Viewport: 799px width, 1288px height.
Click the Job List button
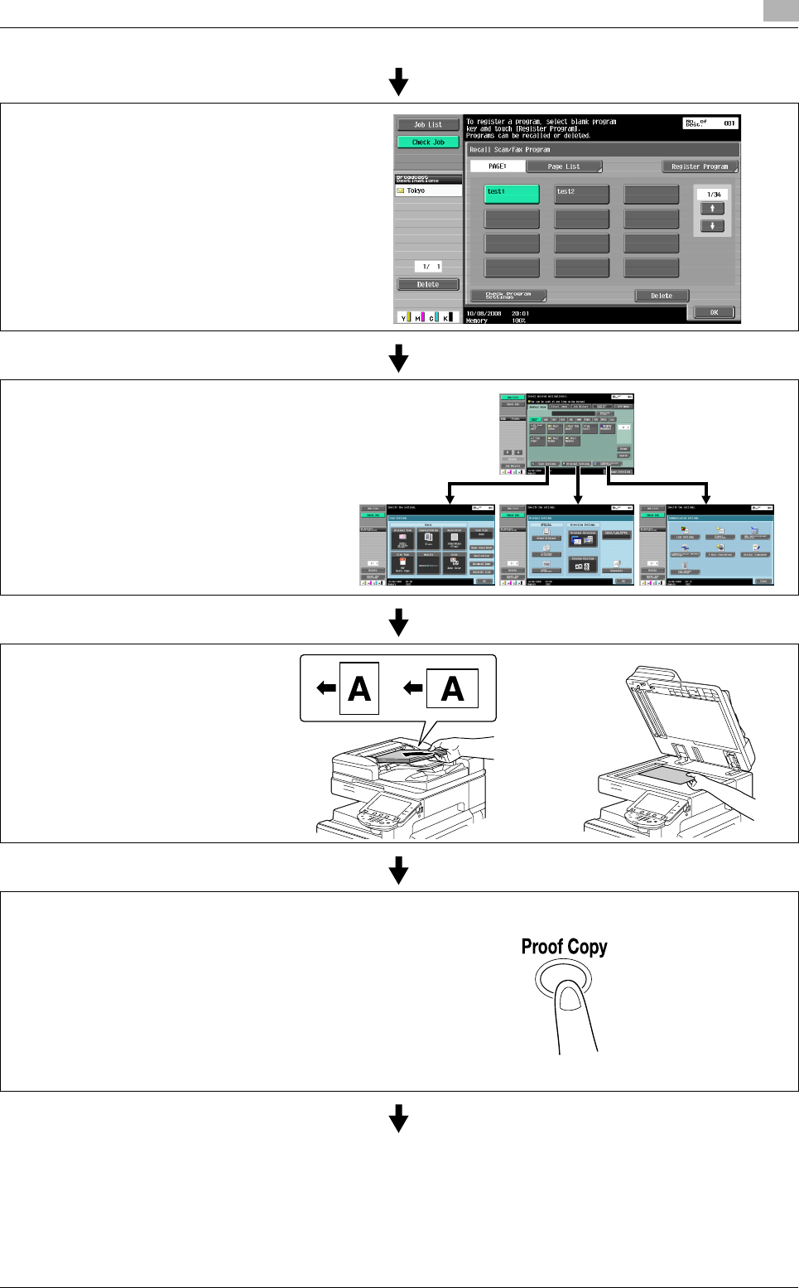(428, 125)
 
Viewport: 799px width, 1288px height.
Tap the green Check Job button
(428, 142)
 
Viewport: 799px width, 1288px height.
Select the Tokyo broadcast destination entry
(428, 191)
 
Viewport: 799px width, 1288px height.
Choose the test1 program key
(512, 194)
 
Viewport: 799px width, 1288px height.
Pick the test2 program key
(581, 194)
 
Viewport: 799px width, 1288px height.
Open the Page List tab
(564, 166)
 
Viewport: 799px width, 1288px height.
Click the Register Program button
(700, 166)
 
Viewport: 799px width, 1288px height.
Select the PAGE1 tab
(498, 166)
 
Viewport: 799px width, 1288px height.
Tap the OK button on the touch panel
(713, 312)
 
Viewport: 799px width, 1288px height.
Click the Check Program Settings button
(508, 296)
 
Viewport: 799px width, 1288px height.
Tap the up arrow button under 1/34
(712, 209)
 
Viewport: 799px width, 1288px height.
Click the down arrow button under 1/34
(712, 225)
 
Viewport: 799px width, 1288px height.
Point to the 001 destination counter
(729, 123)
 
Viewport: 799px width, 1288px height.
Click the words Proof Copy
(564, 947)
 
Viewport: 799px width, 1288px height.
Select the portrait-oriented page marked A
(359, 688)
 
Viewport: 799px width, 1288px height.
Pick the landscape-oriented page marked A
(452, 688)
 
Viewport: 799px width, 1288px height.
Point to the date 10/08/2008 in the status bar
(484, 314)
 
